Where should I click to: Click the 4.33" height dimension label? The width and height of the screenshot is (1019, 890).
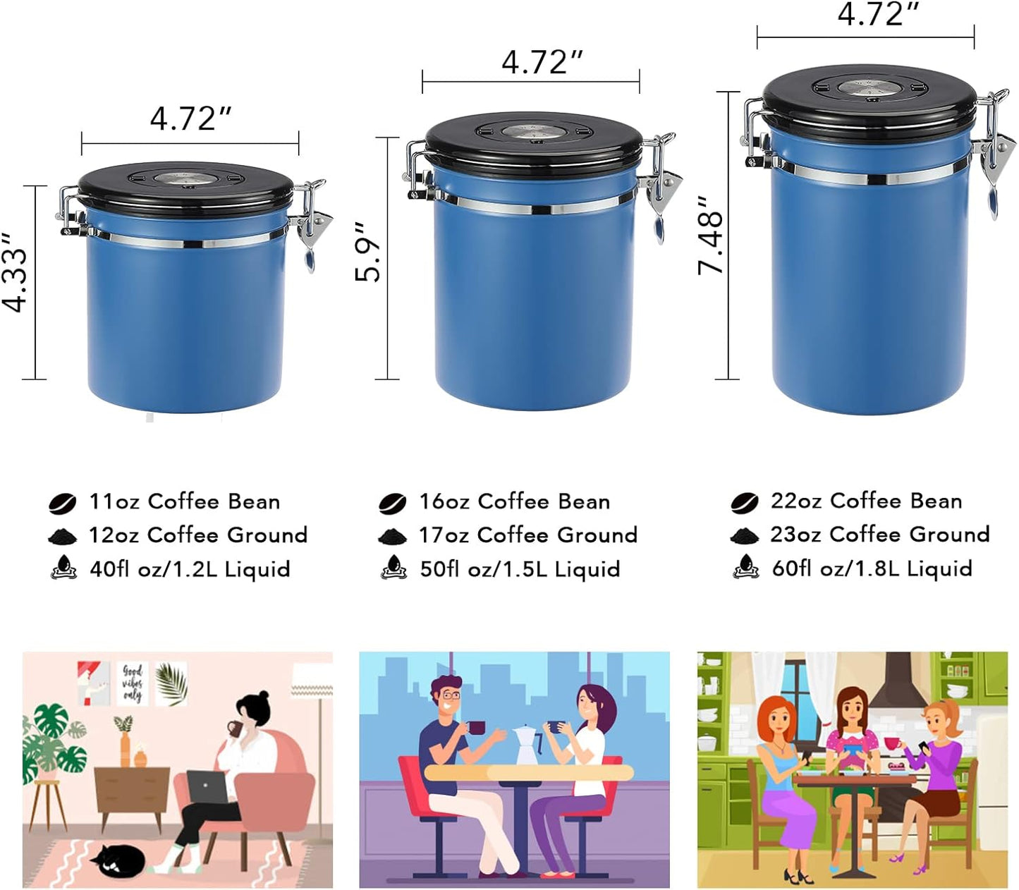pos(16,272)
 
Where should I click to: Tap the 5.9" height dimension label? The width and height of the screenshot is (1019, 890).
pos(368,252)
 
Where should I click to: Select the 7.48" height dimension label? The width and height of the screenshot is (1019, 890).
pos(711,235)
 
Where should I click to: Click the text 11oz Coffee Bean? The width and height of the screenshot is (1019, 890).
pos(184,501)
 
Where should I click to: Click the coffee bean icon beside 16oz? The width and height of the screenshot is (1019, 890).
pos(392,504)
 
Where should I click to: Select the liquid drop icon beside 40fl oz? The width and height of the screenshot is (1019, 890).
pos(64,568)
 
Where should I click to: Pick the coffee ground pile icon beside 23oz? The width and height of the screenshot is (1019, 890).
pos(744,536)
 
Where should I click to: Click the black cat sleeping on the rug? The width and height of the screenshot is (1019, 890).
pos(118,860)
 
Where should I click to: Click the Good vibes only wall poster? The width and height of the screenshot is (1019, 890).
pos(132,683)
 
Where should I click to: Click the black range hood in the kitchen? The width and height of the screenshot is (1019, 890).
pos(897,683)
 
